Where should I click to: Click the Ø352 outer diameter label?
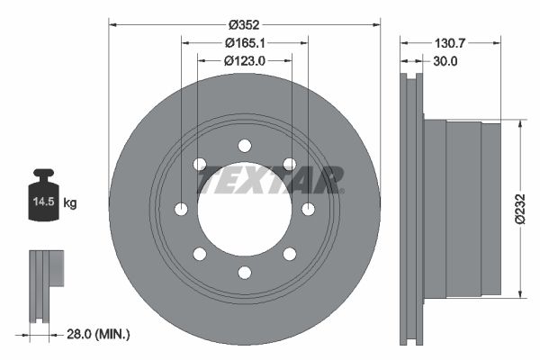coord(244,25)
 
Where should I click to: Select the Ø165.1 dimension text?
coord(245,43)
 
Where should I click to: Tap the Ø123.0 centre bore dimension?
coord(245,61)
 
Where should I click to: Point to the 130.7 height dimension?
coord(450,43)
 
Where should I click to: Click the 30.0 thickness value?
coord(445,61)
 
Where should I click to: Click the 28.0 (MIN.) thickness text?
coord(98,334)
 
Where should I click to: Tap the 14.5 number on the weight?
coord(44,202)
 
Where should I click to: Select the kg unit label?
coord(70,202)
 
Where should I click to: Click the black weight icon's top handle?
coord(44,173)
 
